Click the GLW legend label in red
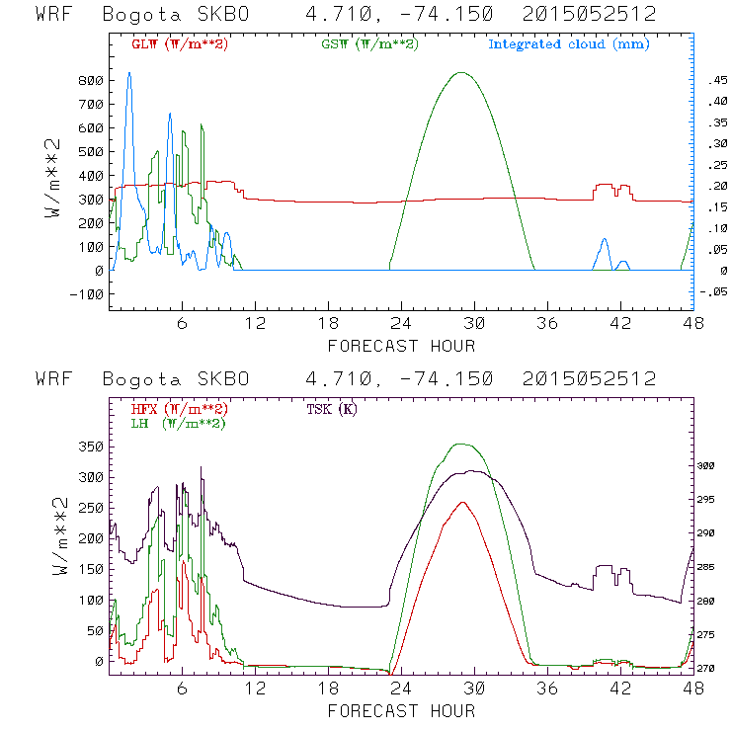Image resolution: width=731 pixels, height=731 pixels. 180,44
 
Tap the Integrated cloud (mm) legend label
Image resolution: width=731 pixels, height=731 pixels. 568,44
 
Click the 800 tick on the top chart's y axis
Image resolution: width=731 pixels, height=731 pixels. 92,81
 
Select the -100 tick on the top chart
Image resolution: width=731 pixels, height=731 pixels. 87,294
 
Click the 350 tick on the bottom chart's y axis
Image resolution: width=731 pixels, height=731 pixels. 92,447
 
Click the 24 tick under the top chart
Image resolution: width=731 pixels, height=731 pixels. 400,323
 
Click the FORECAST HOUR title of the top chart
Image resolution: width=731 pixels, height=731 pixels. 401,346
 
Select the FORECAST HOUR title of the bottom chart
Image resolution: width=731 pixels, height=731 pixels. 401,711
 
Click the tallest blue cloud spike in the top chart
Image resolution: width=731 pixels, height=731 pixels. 128,73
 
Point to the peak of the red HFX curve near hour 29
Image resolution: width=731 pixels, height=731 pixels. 462,502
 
